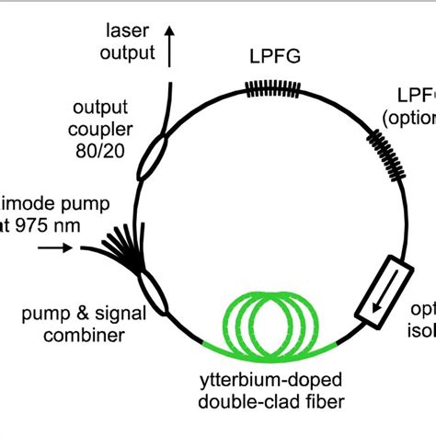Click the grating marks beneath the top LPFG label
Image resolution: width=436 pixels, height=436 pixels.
pyautogui.click(x=272, y=88)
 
